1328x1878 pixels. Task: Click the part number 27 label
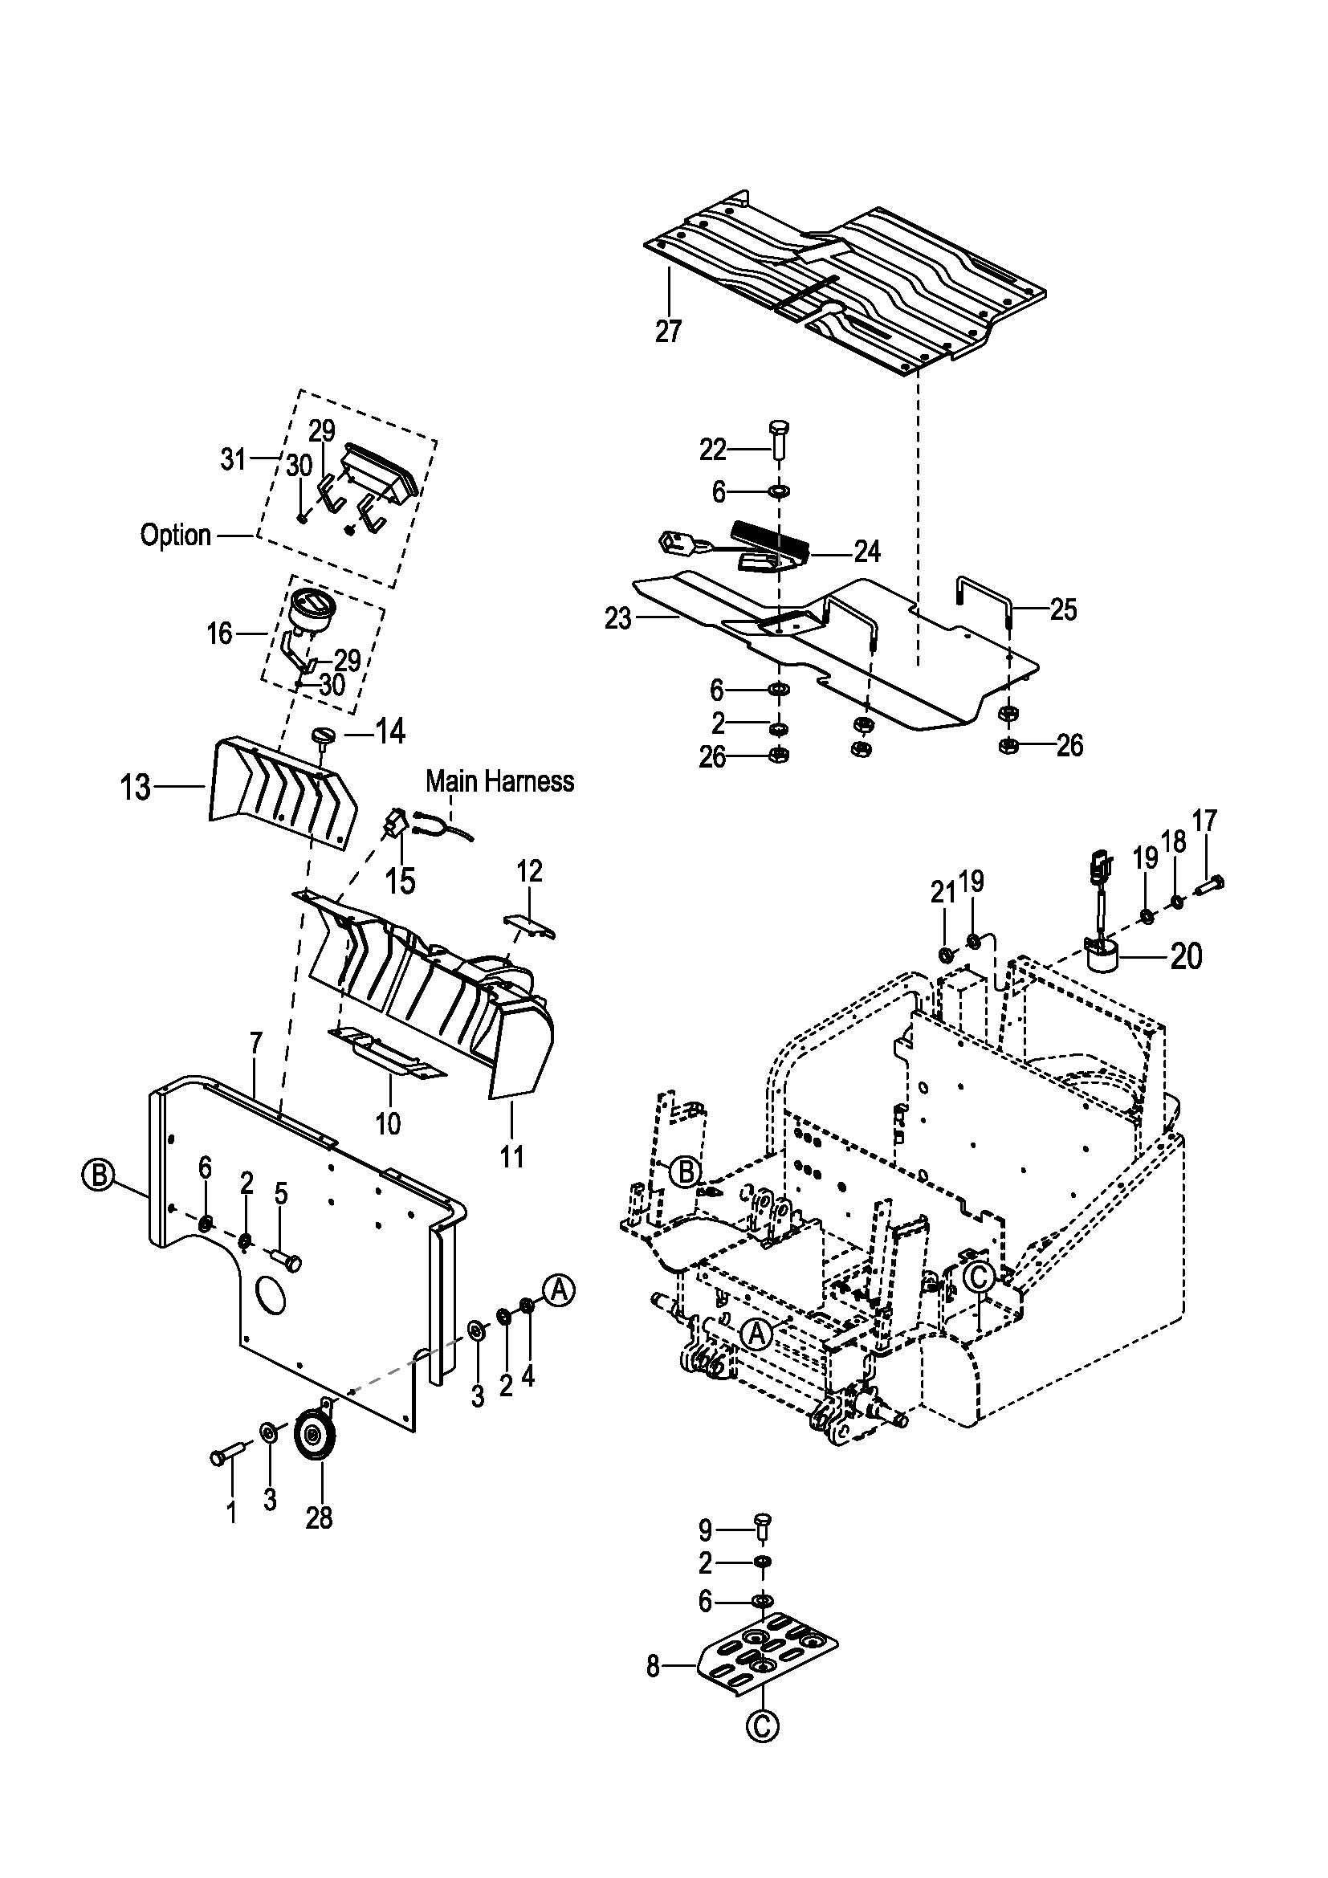(x=667, y=332)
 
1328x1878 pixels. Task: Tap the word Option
(x=176, y=536)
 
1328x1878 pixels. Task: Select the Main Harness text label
(x=499, y=781)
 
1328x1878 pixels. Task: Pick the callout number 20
(x=1187, y=955)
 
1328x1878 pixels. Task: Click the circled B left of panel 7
(x=97, y=1175)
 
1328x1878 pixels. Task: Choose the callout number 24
(x=866, y=552)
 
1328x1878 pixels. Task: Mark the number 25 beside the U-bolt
(x=1063, y=609)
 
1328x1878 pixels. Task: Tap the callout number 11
(x=512, y=1155)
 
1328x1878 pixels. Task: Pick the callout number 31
(x=233, y=459)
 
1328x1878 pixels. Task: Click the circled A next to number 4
(x=560, y=1290)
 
